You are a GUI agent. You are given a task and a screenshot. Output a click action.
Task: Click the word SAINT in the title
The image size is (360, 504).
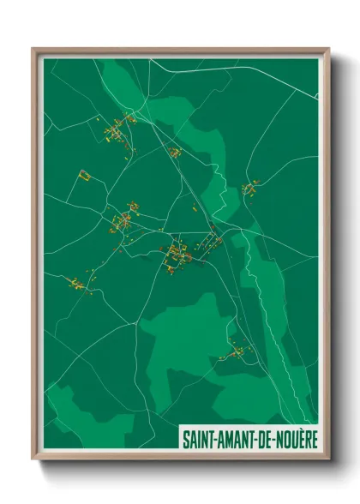pyautogui.click(x=196, y=437)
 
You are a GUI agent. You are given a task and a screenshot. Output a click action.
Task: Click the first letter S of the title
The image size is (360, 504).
pyautogui.click(x=184, y=437)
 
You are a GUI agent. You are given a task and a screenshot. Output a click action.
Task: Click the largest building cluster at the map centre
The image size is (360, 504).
pyautogui.click(x=177, y=255)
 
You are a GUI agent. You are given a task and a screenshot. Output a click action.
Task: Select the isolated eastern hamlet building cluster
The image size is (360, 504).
pyautogui.click(x=249, y=188)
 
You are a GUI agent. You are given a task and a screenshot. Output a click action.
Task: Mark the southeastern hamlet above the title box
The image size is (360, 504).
pyautogui.click(x=235, y=351)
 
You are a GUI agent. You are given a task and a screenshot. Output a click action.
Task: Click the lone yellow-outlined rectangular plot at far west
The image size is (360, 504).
pyautogui.click(x=84, y=175)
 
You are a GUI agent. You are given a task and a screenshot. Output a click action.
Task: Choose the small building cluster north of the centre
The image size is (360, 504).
pyautogui.click(x=175, y=153)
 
